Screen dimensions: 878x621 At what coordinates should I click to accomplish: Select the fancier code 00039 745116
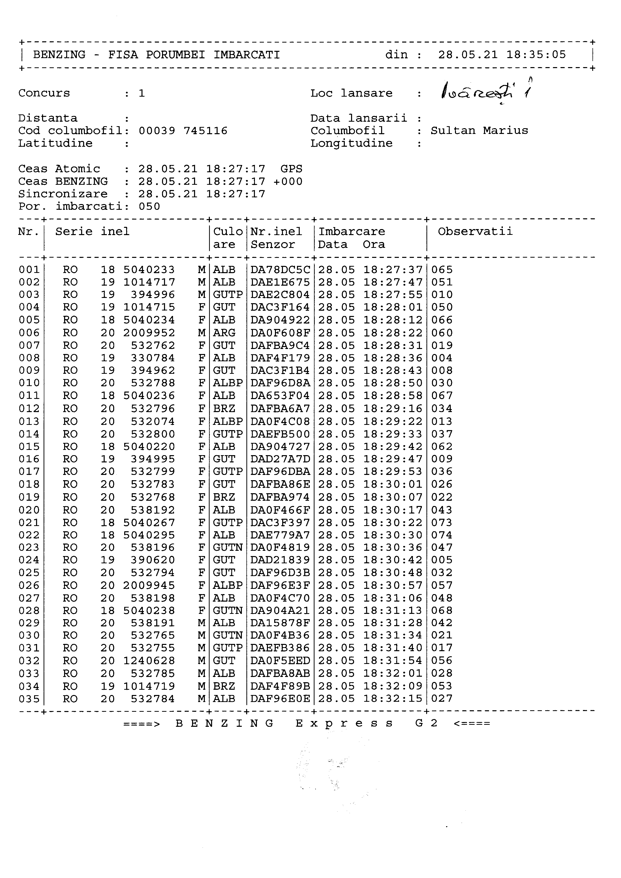click(x=183, y=131)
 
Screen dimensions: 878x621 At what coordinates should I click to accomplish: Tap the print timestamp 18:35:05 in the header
click(x=536, y=55)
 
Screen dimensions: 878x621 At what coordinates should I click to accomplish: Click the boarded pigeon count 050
click(x=149, y=207)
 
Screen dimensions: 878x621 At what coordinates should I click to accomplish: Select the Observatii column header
click(x=475, y=231)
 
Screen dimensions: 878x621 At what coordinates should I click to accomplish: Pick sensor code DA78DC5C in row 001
click(x=280, y=270)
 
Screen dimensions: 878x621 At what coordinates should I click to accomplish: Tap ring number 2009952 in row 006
click(x=149, y=333)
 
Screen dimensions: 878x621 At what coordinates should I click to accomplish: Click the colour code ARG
click(x=224, y=333)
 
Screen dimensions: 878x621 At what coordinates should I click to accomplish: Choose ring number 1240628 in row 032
click(x=149, y=660)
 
